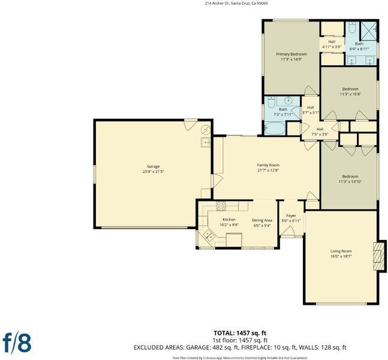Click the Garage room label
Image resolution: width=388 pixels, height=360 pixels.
pos(153,166)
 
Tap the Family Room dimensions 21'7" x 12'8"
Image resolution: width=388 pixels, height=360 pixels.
pos(268,170)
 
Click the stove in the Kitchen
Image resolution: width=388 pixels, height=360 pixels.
pos(221,206)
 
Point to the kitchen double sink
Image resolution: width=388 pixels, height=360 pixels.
pos(209,235)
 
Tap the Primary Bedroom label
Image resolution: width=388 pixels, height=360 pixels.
pos(291,54)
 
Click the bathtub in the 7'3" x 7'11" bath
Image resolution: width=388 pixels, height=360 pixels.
pos(275,128)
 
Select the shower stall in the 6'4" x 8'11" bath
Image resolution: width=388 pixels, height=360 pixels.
pos(368,31)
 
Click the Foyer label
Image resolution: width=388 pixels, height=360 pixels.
pos(291,215)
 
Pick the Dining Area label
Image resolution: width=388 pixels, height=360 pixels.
pos(262,220)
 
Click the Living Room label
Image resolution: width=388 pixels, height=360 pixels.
pos(341,251)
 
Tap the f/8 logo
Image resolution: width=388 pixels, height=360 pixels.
pos(17,343)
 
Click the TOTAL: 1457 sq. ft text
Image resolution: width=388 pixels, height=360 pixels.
pos(240,333)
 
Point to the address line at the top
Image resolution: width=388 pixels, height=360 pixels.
pos(236,4)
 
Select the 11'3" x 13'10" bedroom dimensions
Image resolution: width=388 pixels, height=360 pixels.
pos(350,181)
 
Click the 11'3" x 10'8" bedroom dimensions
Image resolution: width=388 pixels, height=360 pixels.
pos(350,94)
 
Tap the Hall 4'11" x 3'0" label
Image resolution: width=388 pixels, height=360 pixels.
pos(332,44)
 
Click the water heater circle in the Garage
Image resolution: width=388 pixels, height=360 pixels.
pos(206,129)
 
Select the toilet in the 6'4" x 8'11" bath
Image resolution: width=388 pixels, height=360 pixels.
pos(352,28)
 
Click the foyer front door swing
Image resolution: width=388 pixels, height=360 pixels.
pos(287,231)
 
